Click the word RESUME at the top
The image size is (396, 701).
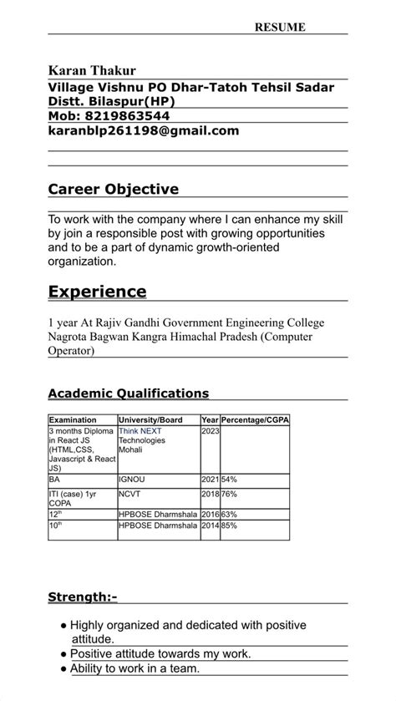(x=280, y=28)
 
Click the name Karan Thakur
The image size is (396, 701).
(x=92, y=71)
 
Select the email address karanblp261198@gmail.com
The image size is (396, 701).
(x=144, y=131)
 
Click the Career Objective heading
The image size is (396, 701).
(x=113, y=190)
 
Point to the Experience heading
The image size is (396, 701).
(x=97, y=292)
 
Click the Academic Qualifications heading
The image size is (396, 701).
(x=128, y=394)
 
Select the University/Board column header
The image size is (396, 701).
(x=150, y=419)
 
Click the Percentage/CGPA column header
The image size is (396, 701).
(x=254, y=419)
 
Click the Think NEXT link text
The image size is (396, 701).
(x=140, y=431)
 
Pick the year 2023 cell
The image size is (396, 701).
(x=210, y=431)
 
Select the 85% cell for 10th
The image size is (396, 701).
(x=229, y=526)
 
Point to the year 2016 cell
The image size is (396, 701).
(x=210, y=514)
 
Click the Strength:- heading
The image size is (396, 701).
(x=83, y=597)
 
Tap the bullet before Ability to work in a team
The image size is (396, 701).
(x=63, y=668)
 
